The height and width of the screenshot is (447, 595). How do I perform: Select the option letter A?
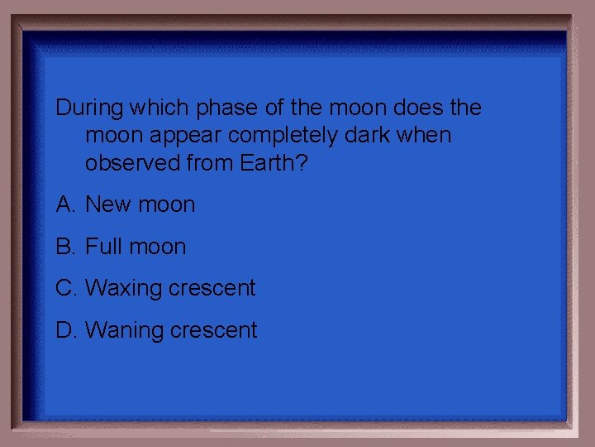pos(64,204)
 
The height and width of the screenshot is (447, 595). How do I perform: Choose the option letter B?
pos(64,247)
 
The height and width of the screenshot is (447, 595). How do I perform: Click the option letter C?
pos(65,288)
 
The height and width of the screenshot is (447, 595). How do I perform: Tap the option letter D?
pos(65,330)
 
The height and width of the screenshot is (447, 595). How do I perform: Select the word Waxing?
pos(123,289)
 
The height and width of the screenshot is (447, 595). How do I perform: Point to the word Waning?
pos(124,331)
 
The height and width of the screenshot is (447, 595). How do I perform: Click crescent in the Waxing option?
pos(212,289)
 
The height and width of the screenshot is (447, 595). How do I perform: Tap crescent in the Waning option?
pos(214,331)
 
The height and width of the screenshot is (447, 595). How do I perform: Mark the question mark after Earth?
pos(302,163)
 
